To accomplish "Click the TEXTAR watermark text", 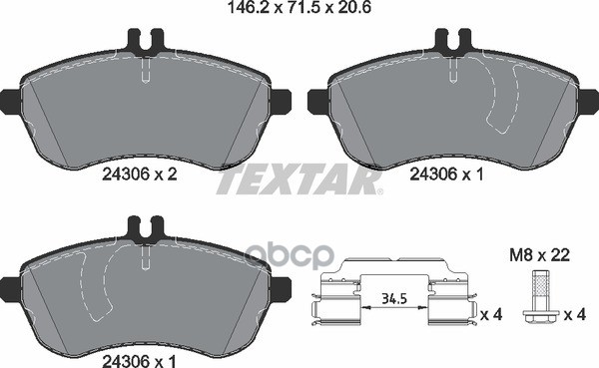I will pos(299,180).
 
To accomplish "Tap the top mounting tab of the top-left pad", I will pos(146,42).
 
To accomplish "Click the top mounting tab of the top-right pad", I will pos(449,42).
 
